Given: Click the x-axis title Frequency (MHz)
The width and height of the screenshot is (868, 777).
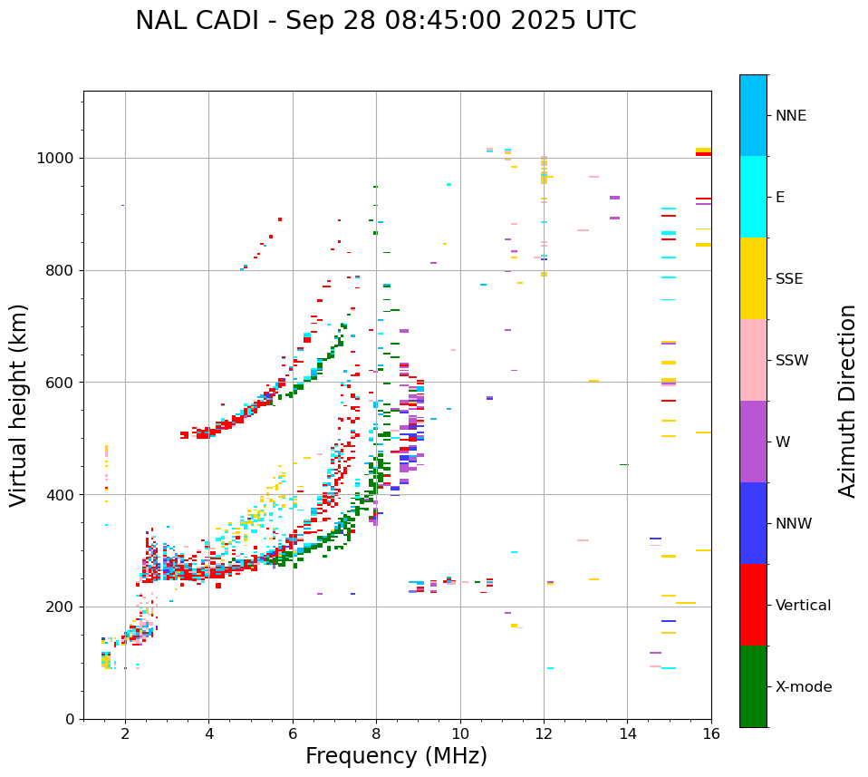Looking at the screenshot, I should [396, 756].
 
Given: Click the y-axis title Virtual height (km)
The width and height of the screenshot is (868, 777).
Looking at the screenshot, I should [19, 404].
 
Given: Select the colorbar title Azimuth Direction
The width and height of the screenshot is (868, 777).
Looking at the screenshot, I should [847, 401].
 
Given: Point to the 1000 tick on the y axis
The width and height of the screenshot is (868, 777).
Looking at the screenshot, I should [61, 158].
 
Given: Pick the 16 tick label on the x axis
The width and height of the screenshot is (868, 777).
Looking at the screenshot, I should [711, 734].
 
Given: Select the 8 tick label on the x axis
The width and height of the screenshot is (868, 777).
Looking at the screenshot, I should [376, 734].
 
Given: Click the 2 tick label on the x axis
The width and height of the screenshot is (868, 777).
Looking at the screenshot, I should [125, 734].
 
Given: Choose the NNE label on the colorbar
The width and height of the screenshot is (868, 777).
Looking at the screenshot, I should [791, 116].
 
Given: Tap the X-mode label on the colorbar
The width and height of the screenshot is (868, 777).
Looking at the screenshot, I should [804, 687].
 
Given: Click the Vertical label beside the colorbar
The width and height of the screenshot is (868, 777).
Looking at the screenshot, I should [803, 606].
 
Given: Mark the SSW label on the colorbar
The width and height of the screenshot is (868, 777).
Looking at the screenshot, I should [792, 361].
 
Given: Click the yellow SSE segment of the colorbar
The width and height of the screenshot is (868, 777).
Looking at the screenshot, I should [753, 278].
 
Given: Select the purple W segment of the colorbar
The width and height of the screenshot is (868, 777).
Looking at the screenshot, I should [753, 442].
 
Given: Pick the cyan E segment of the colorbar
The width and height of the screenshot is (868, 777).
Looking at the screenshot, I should [753, 197].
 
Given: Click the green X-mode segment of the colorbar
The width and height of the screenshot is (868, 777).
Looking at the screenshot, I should [753, 686].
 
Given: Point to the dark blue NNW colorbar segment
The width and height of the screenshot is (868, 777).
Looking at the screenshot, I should [753, 523].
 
